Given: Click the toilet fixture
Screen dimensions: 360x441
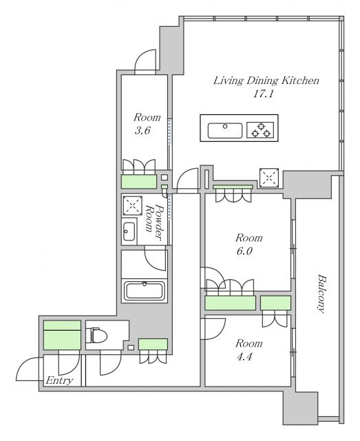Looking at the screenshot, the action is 97,335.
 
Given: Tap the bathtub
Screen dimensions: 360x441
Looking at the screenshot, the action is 144,291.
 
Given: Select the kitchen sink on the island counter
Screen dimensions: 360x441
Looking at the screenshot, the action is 225,130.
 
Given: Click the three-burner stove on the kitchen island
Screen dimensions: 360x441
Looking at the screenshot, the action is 260,130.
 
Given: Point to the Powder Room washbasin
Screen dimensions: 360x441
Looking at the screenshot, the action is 129,232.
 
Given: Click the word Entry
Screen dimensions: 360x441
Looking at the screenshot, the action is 59,380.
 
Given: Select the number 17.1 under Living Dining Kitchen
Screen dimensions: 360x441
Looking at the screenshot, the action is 264,94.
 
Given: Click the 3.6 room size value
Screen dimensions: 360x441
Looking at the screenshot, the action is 142,130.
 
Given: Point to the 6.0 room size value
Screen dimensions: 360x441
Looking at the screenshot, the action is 244,251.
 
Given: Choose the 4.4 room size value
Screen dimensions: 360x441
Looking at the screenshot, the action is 244,357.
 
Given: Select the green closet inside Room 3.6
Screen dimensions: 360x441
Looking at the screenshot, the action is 139,181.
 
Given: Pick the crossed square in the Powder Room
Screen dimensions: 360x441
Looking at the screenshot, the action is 132,205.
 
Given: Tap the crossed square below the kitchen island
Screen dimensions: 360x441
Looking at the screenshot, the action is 269,178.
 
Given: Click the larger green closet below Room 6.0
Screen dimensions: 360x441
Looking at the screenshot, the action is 230,303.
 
